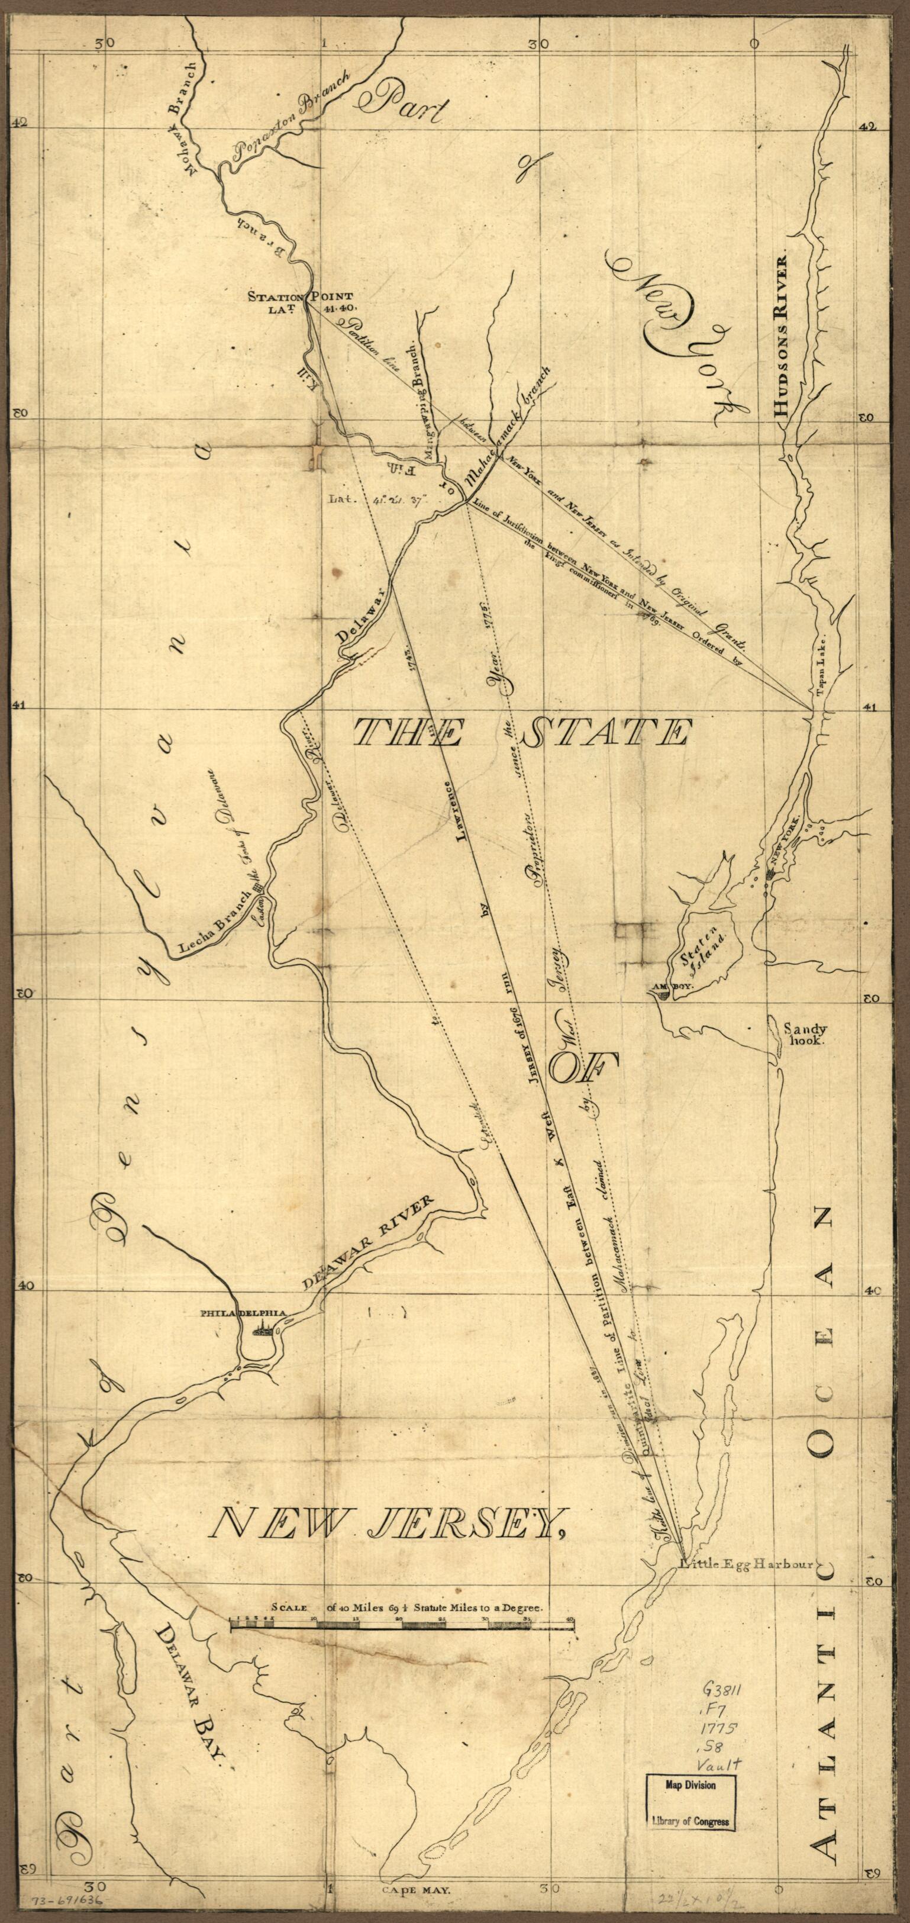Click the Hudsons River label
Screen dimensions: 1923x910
pyautogui.click(x=782, y=337)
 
